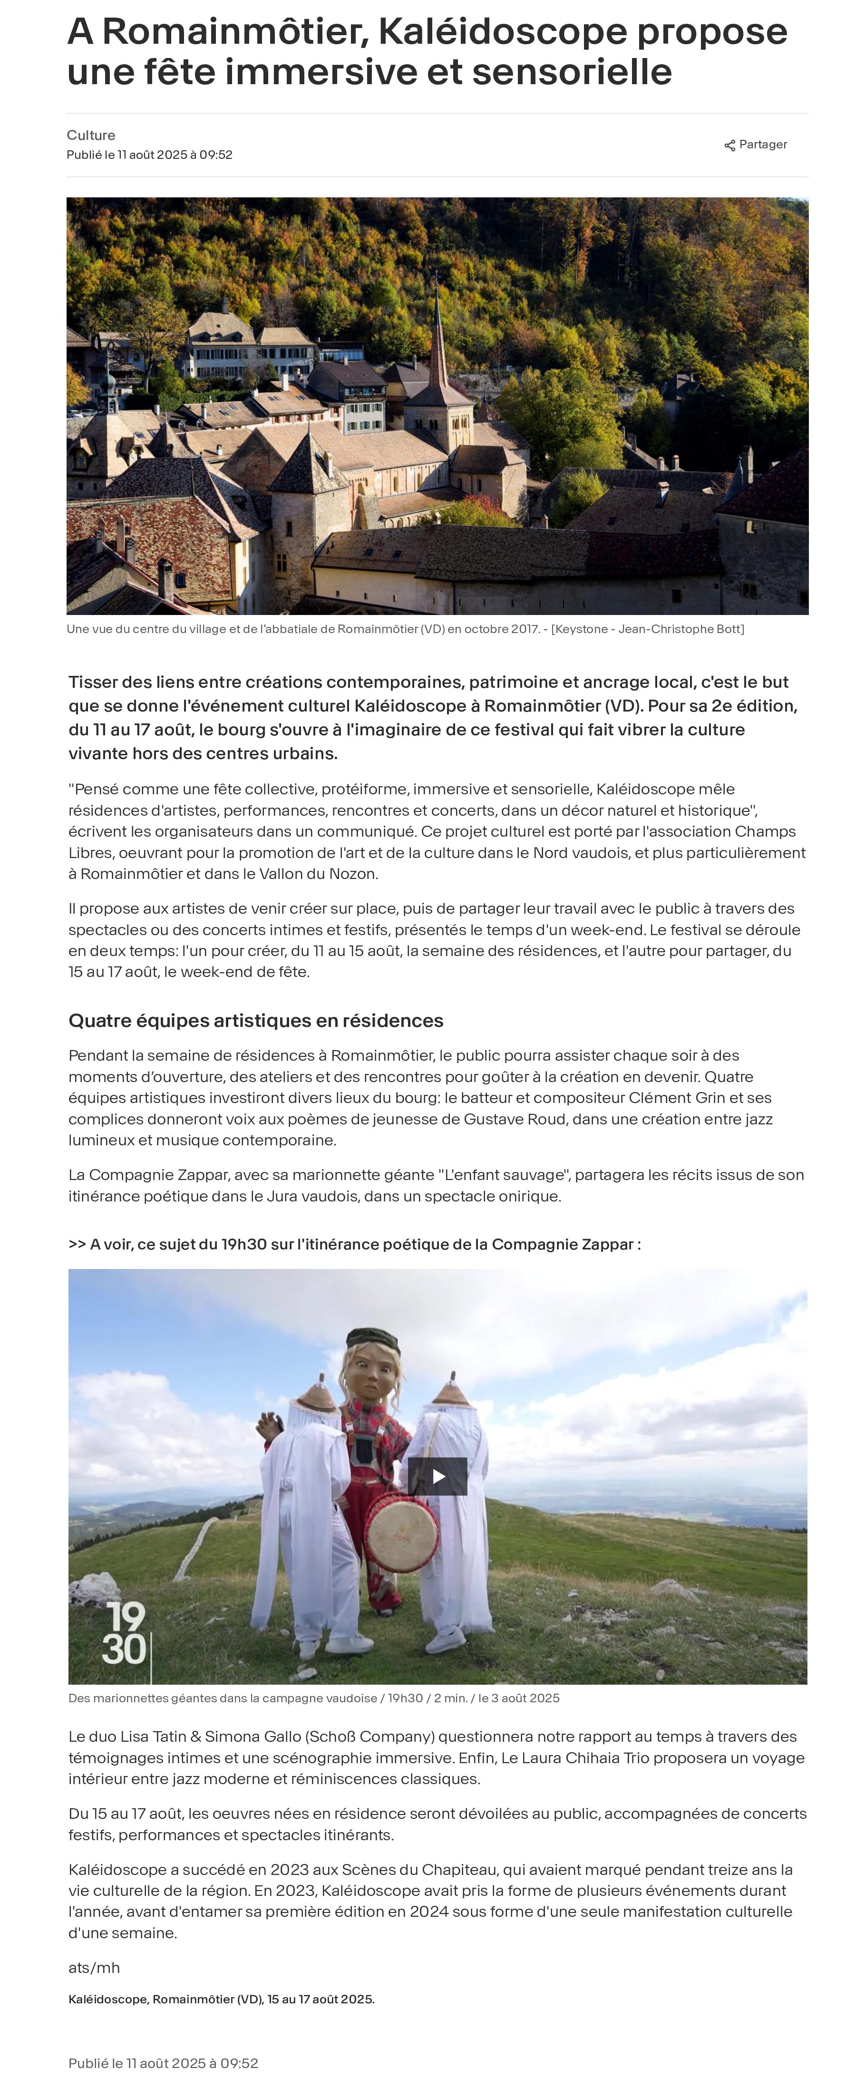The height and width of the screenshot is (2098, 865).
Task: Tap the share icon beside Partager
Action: coord(730,146)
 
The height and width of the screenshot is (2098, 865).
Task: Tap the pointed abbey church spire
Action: coord(438,334)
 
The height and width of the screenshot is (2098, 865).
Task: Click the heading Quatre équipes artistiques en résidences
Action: coord(256,1021)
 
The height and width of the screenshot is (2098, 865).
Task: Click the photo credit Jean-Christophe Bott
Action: coord(681,629)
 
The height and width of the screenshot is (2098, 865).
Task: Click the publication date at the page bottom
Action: coord(164,2063)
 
